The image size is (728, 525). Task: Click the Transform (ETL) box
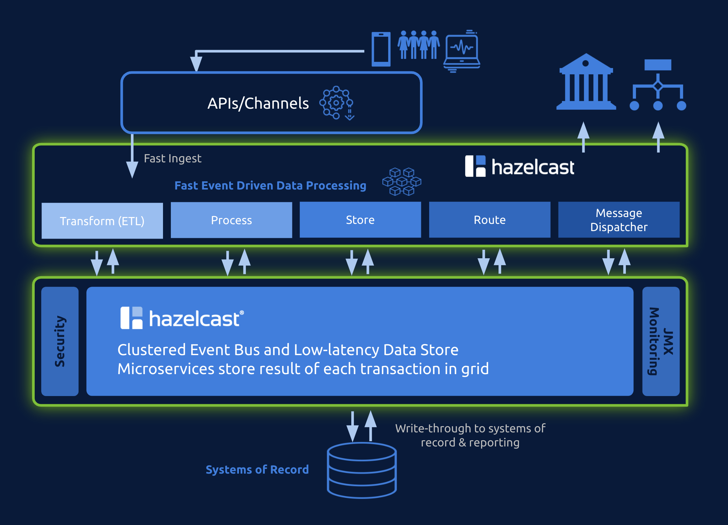102,221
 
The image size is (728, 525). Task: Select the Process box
231,220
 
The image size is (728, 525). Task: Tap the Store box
360,220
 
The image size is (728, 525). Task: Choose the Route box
489,220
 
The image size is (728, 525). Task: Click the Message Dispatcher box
619,220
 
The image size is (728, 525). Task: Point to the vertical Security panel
60,341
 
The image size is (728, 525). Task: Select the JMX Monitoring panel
661,341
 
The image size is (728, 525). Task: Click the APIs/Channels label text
258,103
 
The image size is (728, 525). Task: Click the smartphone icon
381,49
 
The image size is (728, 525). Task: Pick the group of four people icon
418,45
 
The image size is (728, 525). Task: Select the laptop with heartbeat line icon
462,51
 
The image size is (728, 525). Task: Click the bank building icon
586,82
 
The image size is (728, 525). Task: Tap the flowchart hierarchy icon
658,85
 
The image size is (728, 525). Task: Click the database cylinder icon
362,470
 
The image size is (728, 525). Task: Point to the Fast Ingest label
173,158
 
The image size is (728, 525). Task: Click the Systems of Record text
257,469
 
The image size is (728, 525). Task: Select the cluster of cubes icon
402,182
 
